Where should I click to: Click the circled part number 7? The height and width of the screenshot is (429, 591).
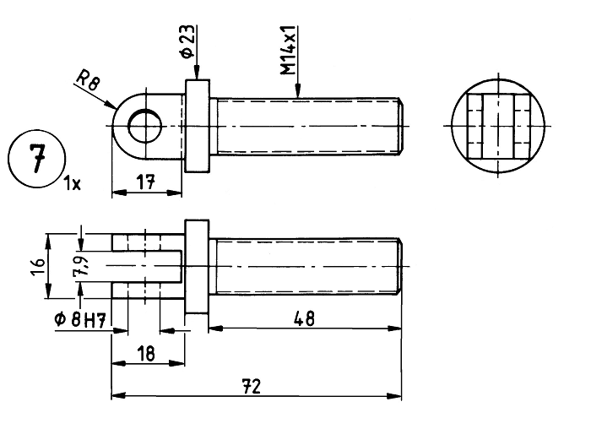37,158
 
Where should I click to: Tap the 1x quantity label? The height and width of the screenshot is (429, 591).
72,183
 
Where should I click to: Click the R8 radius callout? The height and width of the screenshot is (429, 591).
88,81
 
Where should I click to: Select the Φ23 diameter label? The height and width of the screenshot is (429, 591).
187,41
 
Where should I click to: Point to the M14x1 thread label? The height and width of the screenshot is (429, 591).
290,50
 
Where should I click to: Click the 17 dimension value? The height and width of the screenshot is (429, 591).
146,182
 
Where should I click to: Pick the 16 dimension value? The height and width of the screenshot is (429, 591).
38,266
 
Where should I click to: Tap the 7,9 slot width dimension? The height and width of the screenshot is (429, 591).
81,266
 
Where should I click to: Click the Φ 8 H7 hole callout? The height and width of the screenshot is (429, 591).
79,320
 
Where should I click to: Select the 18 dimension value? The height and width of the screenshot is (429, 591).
146,354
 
